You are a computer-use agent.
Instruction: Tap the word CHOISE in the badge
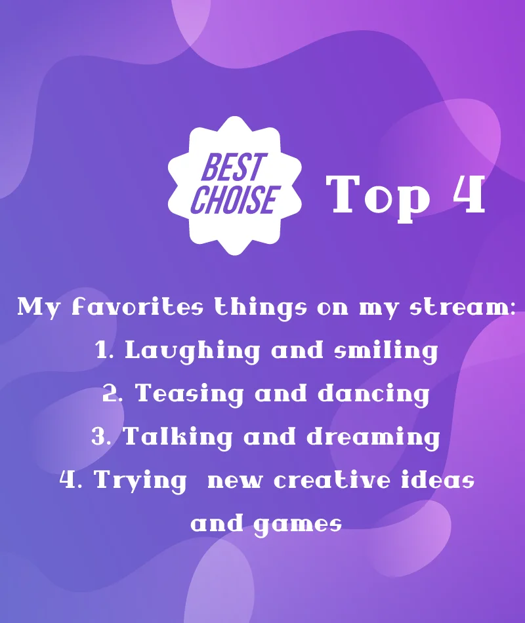[x=233, y=199]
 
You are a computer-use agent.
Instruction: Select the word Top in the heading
[x=378, y=197]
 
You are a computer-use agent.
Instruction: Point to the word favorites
[x=138, y=308]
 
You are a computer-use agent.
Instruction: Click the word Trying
[x=140, y=481]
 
